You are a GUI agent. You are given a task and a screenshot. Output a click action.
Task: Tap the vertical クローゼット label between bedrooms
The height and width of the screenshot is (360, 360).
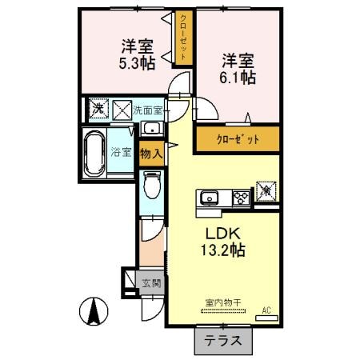click(x=184, y=38)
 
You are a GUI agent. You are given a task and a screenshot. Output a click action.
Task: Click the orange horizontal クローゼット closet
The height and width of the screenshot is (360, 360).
click(x=238, y=139)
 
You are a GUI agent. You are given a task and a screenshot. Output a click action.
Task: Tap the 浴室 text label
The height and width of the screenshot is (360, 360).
click(x=122, y=152)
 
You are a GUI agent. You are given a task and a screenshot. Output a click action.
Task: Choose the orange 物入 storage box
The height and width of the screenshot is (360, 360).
click(x=151, y=152)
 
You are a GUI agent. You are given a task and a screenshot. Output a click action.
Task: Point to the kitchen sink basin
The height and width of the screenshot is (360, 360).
click(x=212, y=197)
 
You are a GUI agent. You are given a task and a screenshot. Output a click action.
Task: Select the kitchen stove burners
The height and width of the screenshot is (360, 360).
click(x=239, y=197)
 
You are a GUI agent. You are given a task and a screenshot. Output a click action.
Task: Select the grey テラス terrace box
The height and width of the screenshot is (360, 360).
click(x=223, y=340)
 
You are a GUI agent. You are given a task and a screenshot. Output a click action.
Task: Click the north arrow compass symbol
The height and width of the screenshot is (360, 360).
click(x=94, y=310)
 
